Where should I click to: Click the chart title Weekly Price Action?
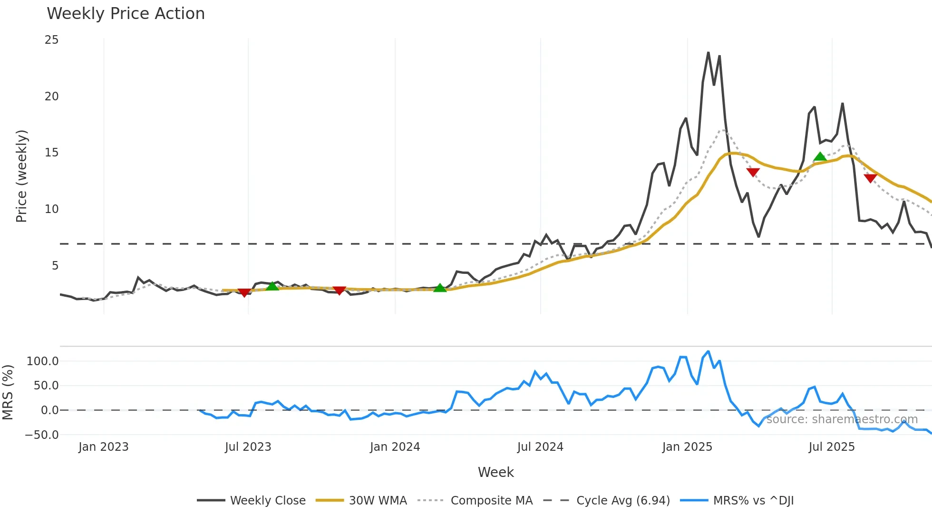click(x=126, y=14)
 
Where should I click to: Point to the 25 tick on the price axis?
click(x=52, y=40)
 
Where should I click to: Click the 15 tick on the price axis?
click(x=52, y=153)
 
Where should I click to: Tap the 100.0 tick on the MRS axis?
click(x=43, y=361)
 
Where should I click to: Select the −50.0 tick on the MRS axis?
click(x=42, y=435)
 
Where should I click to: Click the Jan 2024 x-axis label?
click(x=395, y=447)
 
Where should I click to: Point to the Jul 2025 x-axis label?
click(x=832, y=447)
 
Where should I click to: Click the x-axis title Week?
click(x=495, y=472)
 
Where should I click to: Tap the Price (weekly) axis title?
click(x=22, y=176)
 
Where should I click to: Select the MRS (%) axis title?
click(x=8, y=392)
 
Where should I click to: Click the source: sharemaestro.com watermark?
click(x=842, y=419)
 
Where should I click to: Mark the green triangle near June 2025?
click(x=820, y=156)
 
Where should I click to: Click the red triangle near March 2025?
click(x=753, y=172)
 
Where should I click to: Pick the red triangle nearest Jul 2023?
click(x=244, y=292)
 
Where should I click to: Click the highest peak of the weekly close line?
click(x=708, y=52)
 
